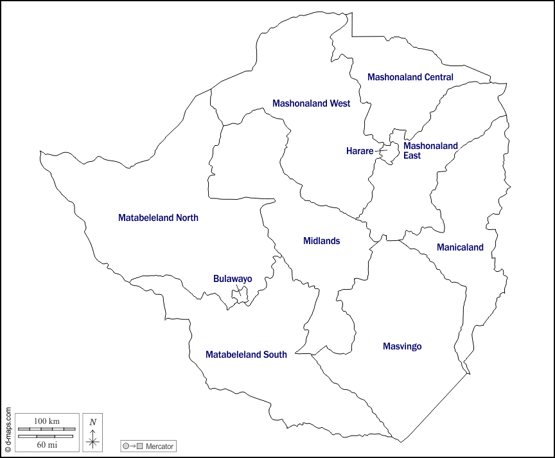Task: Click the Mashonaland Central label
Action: (410, 77)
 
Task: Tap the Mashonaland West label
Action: (311, 103)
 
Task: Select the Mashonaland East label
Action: (430, 150)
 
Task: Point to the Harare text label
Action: (359, 151)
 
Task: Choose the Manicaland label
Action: (460, 247)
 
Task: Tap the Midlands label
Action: (321, 241)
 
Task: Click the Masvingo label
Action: (402, 346)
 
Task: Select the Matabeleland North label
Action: (158, 218)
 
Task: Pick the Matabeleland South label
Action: (246, 355)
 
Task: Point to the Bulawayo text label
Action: (233, 279)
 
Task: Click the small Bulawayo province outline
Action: (240, 295)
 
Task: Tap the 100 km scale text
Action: (46, 421)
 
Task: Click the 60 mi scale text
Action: (46, 445)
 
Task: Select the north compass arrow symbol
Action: (93, 439)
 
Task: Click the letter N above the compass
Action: (93, 422)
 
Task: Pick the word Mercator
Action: (159, 446)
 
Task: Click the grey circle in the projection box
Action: (126, 446)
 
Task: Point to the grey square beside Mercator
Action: (139, 446)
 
